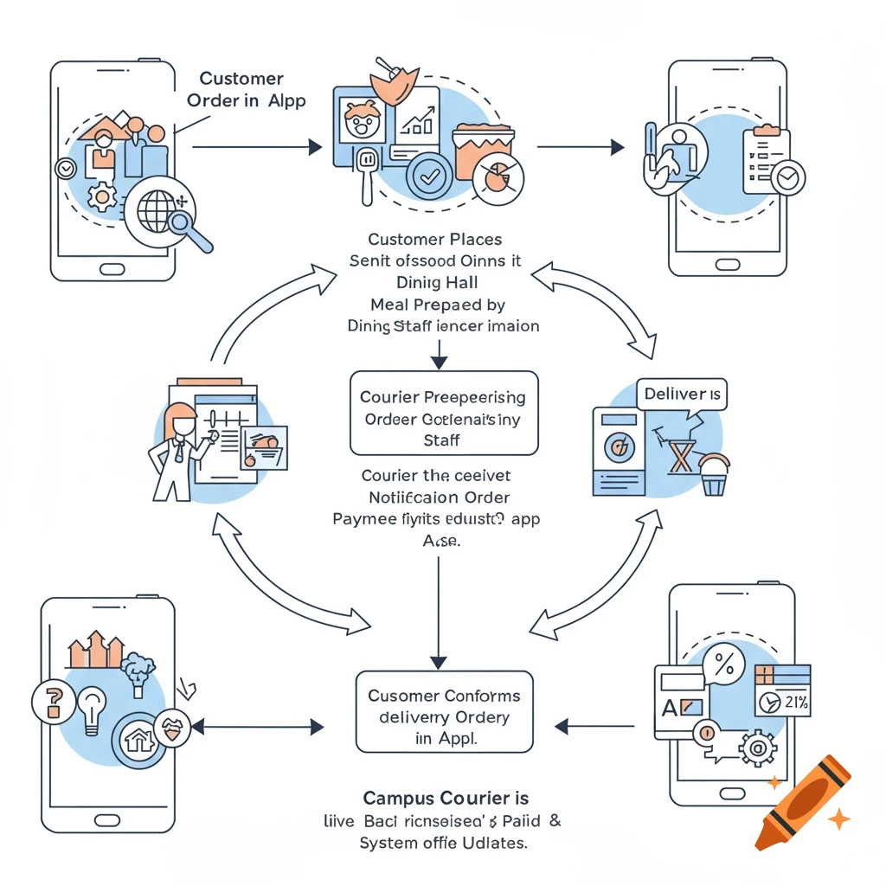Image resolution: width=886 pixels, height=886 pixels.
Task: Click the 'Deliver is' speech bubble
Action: (681, 395)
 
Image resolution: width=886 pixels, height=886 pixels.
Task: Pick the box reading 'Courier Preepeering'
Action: (443, 414)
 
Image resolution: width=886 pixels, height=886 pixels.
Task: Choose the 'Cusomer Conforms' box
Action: (444, 709)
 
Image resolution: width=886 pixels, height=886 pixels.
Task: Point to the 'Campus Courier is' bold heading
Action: (446, 798)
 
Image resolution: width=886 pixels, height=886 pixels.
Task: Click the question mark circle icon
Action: (49, 700)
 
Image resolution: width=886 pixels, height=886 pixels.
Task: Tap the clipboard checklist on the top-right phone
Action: (767, 156)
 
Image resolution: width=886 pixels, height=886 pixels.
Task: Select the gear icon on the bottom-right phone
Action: (758, 746)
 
